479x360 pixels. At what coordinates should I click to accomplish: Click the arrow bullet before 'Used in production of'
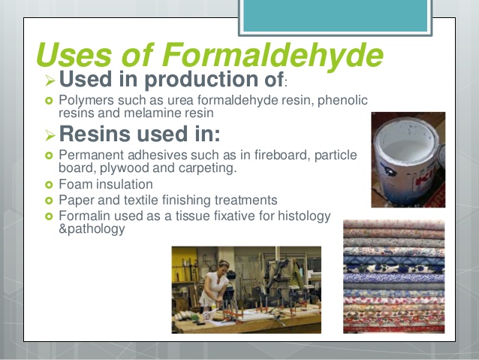(50, 79)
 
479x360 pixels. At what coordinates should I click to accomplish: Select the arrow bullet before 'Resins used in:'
(50, 135)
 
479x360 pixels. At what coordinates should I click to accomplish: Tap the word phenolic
(336, 101)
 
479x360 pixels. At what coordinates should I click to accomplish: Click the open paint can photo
(408, 159)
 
